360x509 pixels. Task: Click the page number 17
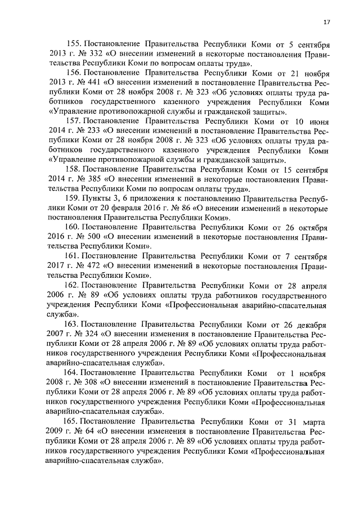326,22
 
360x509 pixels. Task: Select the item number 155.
74,44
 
